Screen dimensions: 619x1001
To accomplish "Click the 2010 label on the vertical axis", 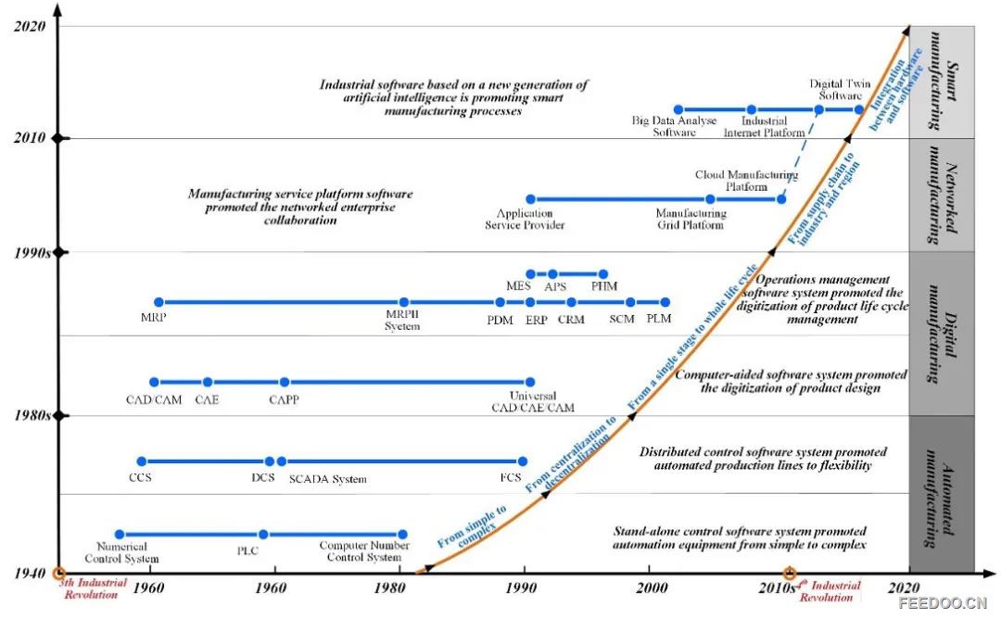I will (30, 138).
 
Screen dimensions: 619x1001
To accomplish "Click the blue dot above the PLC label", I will (263, 534).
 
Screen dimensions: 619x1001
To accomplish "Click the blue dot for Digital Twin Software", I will (819, 109).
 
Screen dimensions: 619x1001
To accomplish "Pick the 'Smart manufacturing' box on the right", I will (941, 82).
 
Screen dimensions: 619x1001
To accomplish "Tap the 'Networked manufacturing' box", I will (941, 195).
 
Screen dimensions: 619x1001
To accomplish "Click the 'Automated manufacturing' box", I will (941, 493).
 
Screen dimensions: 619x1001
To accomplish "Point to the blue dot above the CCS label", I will (142, 461).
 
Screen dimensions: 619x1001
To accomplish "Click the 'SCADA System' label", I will (327, 479).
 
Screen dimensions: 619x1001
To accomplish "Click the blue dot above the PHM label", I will (603, 273).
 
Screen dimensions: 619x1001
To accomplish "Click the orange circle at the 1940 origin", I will (58, 573).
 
